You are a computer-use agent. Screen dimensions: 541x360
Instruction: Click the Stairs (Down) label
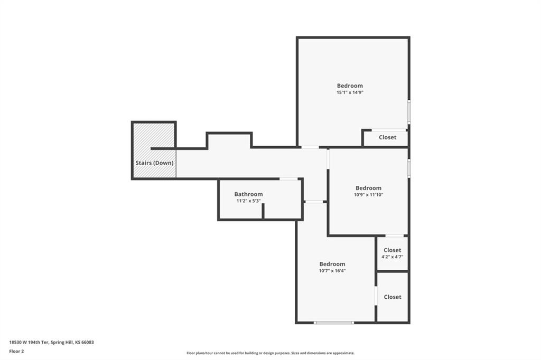pyautogui.click(x=154, y=163)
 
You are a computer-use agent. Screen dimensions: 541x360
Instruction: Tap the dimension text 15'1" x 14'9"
pyautogui.click(x=350, y=92)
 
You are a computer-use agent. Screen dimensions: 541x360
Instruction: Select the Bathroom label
pyautogui.click(x=248, y=194)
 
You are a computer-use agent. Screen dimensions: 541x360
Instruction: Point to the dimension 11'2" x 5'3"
pyautogui.click(x=248, y=201)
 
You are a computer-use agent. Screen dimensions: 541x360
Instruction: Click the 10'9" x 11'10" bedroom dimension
pyautogui.click(x=368, y=194)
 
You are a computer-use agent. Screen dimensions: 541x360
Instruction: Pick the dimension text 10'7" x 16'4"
pyautogui.click(x=332, y=271)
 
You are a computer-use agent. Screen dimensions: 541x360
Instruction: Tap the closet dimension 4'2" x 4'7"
pyautogui.click(x=393, y=257)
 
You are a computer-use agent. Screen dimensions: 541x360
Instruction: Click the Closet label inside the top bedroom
pyautogui.click(x=387, y=137)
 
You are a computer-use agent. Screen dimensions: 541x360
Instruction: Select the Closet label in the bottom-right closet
pyautogui.click(x=393, y=297)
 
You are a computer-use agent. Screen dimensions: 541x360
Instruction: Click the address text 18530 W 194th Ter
pyautogui.click(x=30, y=343)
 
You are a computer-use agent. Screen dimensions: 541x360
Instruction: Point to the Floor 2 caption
pyautogui.click(x=16, y=352)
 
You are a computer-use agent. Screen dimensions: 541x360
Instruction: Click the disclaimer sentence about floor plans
pyautogui.click(x=270, y=353)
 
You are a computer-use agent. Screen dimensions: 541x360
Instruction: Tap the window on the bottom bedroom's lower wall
pyautogui.click(x=334, y=323)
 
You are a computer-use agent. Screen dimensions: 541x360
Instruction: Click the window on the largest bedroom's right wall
pyautogui.click(x=409, y=112)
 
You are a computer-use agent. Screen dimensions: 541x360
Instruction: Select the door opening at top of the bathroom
pyautogui.click(x=289, y=179)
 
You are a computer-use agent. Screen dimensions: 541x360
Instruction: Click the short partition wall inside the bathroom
pyautogui.click(x=263, y=211)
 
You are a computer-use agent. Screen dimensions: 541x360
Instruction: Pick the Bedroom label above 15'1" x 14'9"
pyautogui.click(x=350, y=86)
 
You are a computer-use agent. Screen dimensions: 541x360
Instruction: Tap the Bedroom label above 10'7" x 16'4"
pyautogui.click(x=332, y=264)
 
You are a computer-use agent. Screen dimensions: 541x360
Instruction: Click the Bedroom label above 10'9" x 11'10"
pyautogui.click(x=368, y=188)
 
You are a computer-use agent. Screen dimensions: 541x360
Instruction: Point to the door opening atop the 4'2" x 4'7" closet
pyautogui.click(x=394, y=236)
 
